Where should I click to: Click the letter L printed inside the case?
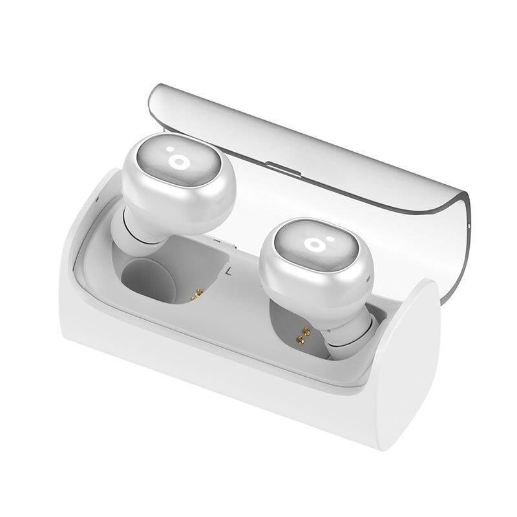pyautogui.click(x=228, y=272)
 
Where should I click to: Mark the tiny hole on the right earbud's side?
pyautogui.click(x=366, y=279)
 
